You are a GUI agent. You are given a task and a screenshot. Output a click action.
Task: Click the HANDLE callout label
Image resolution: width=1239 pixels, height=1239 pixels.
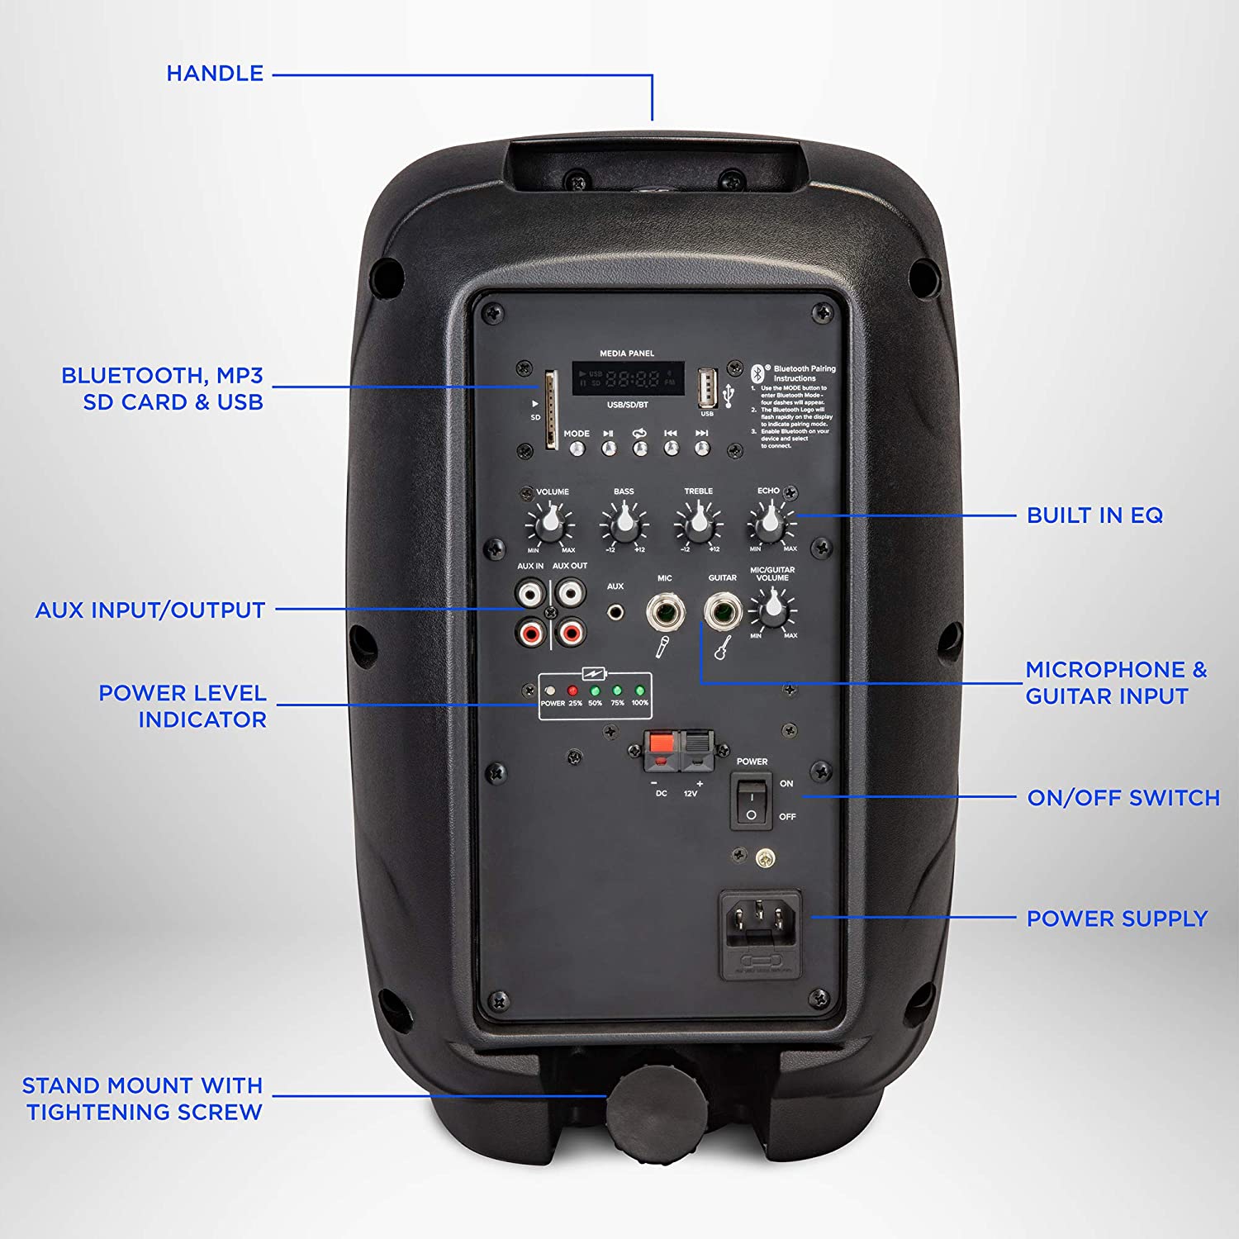(x=215, y=74)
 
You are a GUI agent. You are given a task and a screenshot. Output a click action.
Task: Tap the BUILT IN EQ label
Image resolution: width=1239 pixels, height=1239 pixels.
(x=1094, y=515)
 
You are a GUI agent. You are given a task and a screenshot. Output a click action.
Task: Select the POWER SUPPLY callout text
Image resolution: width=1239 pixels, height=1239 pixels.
(x=1117, y=919)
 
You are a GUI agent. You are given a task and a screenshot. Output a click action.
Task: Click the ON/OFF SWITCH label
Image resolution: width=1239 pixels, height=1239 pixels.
(x=1123, y=798)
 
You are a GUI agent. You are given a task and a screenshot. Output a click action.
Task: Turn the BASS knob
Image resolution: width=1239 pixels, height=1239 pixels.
(x=624, y=523)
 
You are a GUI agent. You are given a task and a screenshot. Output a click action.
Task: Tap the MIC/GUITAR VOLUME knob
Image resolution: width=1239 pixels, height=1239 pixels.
(x=772, y=611)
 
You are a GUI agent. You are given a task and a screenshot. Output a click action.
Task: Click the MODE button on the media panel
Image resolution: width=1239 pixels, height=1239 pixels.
(x=577, y=449)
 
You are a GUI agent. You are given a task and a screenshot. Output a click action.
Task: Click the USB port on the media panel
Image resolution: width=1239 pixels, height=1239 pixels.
(x=707, y=387)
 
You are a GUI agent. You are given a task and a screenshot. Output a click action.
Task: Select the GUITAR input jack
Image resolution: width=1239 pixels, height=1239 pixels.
(x=721, y=612)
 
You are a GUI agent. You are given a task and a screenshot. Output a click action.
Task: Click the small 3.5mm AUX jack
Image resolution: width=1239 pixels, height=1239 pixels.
(x=615, y=613)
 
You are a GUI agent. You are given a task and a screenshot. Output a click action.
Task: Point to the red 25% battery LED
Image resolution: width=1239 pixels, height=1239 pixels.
(x=572, y=691)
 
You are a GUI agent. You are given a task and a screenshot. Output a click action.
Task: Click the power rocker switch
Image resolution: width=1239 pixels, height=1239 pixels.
(x=751, y=801)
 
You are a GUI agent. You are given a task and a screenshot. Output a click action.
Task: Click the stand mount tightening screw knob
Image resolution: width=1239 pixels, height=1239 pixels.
(x=655, y=1103)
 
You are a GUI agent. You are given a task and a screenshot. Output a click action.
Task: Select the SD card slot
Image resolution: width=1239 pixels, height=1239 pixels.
(x=550, y=411)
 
